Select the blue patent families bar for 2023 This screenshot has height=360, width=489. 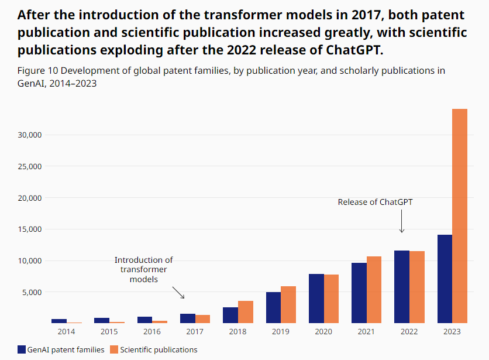(x=445, y=279)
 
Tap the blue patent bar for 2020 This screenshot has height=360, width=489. (x=316, y=299)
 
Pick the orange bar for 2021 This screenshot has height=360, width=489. (x=374, y=290)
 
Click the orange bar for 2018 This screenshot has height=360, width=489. (x=246, y=312)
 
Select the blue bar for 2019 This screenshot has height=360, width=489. (x=273, y=307)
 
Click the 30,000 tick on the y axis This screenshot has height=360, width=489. (x=29, y=135)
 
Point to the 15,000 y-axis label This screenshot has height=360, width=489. (x=29, y=229)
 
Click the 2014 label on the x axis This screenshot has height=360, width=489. (x=66, y=332)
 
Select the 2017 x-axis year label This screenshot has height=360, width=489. (x=195, y=332)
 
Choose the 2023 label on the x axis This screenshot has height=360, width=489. (x=452, y=332)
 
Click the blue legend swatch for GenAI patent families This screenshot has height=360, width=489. (x=22, y=350)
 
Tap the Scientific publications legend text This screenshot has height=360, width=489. (x=159, y=350)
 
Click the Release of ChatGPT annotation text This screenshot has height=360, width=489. (x=376, y=202)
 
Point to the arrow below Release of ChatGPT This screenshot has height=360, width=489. (x=402, y=222)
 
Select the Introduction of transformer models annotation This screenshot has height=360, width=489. (x=143, y=269)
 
